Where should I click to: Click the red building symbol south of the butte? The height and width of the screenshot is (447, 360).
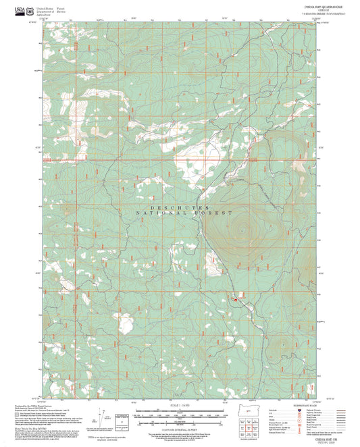pyautogui.click(x=235, y=298)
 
